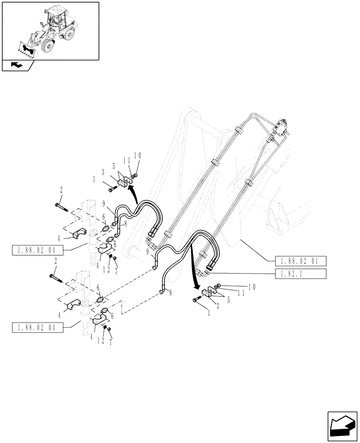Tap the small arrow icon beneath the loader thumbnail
click(x=16, y=66)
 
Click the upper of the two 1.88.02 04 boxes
click(x=38, y=252)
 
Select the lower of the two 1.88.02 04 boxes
click(x=38, y=328)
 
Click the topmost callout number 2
click(x=61, y=189)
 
